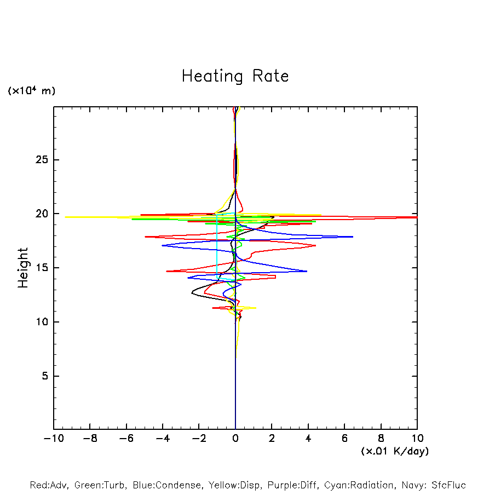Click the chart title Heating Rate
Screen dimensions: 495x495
235,76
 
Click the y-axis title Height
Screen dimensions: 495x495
23,268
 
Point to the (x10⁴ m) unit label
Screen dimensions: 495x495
31,91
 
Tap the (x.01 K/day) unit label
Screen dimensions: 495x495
394,451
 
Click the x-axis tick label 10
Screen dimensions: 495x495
417,439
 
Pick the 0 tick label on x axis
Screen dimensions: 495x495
235,439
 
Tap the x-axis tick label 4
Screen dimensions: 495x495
308,439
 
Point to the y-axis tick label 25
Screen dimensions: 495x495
37,160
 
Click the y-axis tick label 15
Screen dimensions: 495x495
37,268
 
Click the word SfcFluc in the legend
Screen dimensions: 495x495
447,485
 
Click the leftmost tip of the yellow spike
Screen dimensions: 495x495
65,217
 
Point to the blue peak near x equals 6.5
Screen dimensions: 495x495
353,237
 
